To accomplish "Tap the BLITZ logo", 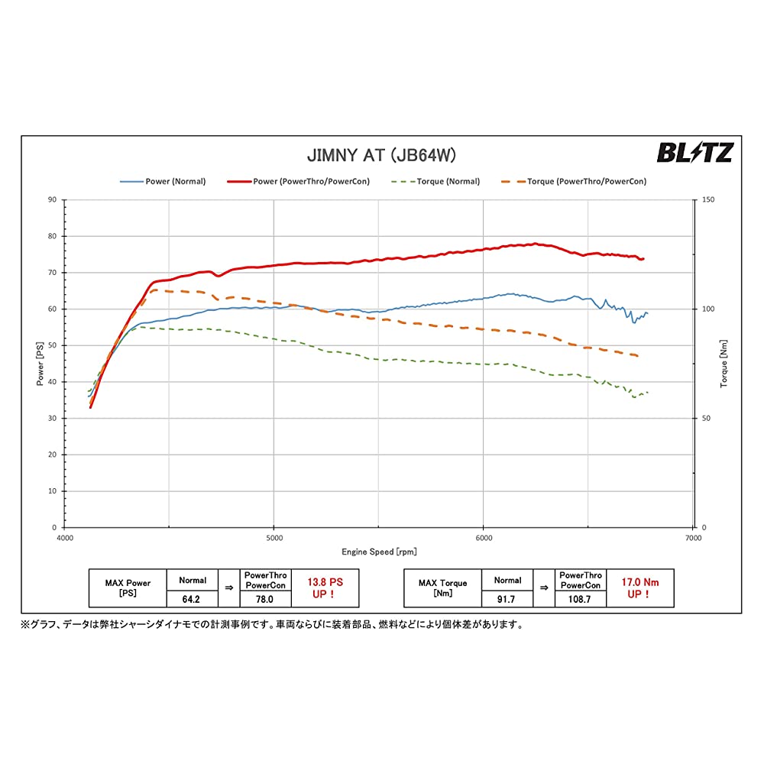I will coord(694,153).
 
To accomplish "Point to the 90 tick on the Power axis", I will coord(52,199).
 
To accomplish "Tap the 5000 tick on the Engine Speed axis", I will coord(274,539).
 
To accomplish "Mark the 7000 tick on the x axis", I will coord(693,539).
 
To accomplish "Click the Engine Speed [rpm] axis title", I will coord(379,552).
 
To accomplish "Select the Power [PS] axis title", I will coord(40,363).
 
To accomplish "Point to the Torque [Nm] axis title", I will coord(723,363).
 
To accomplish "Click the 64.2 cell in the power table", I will coord(193,599).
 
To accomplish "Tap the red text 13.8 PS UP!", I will coord(325,588).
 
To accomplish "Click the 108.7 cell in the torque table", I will coord(580,599).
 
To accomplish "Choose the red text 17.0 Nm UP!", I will coord(640,588).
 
